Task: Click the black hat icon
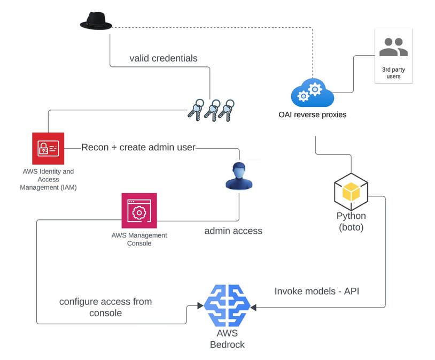point(96,21)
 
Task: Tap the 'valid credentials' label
point(163,58)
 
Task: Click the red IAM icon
point(48,148)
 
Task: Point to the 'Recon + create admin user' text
point(138,147)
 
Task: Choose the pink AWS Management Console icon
point(139,211)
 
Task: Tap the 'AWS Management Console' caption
point(139,239)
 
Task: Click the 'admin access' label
point(234,231)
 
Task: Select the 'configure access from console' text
point(105,307)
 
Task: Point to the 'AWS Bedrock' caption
point(227,339)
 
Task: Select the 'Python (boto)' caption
point(351,221)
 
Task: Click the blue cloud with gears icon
point(312,93)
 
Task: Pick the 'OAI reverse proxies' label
point(312,114)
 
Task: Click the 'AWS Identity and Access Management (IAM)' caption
point(48,180)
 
